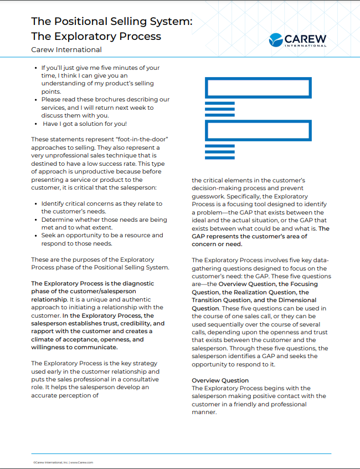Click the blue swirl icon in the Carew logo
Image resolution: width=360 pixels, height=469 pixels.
[275, 39]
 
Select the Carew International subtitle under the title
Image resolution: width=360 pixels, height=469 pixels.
[66, 50]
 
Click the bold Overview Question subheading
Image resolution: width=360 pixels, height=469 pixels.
[220, 380]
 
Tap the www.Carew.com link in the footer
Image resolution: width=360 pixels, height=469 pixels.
[81, 462]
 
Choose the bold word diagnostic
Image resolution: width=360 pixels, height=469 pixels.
[135, 283]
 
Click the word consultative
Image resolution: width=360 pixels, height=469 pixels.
[136, 379]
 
